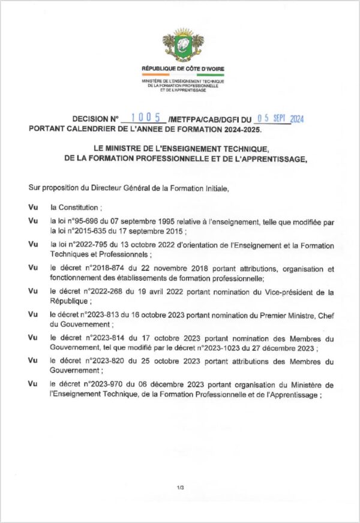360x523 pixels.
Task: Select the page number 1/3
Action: [x=180, y=487]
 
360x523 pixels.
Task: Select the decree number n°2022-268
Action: [x=103, y=291]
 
